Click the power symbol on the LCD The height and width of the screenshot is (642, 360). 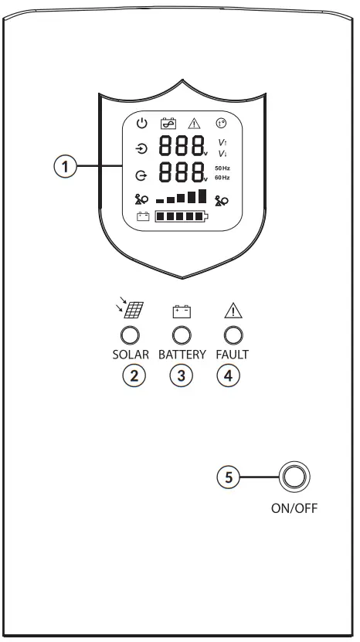[x=141, y=123]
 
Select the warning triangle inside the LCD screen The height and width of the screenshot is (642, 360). [x=194, y=123]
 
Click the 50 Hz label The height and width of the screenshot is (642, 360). [x=222, y=168]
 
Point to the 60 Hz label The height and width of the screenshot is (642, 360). [x=222, y=178]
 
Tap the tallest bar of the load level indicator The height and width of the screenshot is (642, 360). [x=202, y=195]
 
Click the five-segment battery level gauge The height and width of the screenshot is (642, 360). [x=181, y=217]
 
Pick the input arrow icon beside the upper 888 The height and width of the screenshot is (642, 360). [x=141, y=149]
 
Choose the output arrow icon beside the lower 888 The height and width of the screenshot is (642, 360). [x=141, y=175]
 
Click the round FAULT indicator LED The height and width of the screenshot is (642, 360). [x=233, y=335]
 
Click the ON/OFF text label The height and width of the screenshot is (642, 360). [x=294, y=509]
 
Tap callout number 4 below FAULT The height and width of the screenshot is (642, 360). [x=233, y=376]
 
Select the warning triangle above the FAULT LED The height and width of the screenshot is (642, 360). [x=233, y=311]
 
